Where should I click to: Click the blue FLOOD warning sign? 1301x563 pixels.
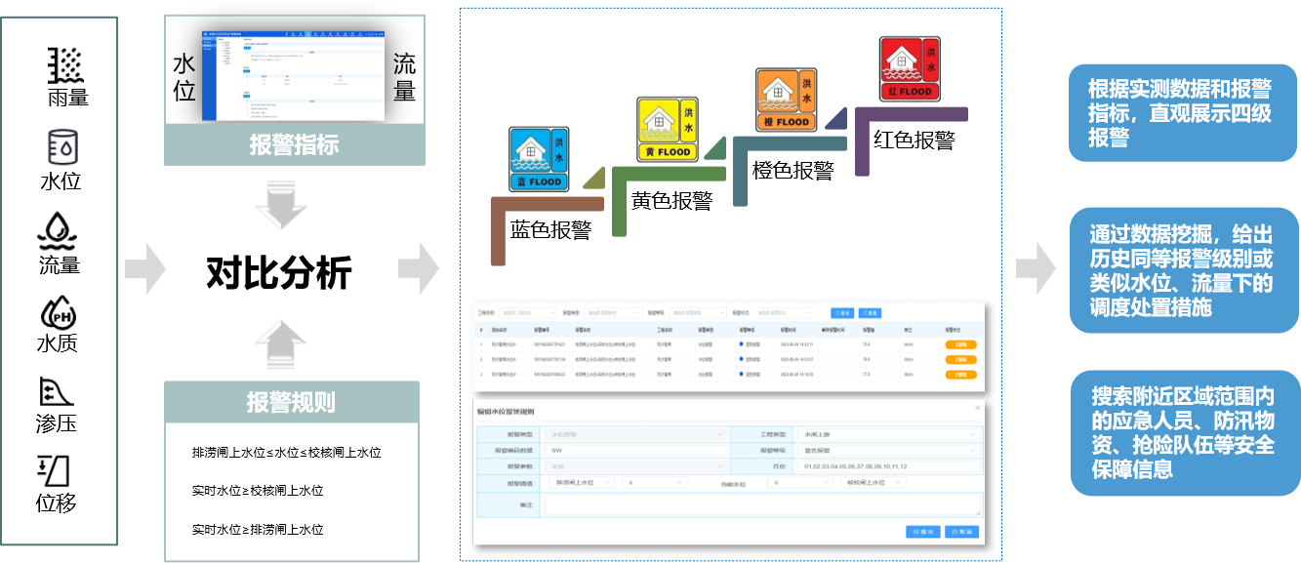coord(539,158)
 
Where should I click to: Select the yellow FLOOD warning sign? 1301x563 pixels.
coord(668,129)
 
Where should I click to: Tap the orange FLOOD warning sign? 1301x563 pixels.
coord(787,100)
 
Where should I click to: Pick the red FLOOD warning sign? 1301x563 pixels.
coord(909,68)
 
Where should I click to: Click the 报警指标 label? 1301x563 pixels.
coord(294,145)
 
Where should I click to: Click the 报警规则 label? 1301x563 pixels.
coord(292,402)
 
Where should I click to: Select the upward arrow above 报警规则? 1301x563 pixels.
coord(280,342)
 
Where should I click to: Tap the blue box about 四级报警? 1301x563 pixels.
coord(1181,113)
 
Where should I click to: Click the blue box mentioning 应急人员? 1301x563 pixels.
coord(1181,432)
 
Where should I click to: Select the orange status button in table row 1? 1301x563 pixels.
coord(960,344)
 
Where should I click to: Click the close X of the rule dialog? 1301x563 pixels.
coord(978,408)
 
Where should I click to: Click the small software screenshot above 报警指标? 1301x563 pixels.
coord(294,74)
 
